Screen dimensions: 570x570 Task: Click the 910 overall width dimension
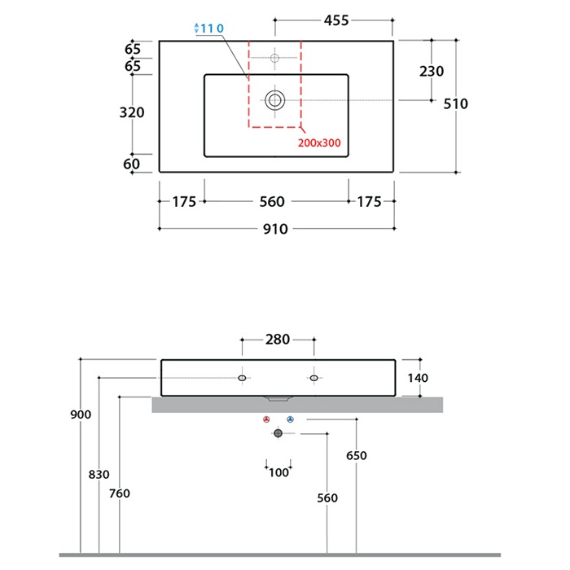pos(275,230)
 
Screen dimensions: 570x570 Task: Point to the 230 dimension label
pos(432,72)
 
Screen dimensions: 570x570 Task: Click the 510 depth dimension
pos(456,103)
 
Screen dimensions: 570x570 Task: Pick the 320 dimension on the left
pos(132,112)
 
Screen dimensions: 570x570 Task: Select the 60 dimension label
pos(132,164)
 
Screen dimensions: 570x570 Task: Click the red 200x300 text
pos(319,142)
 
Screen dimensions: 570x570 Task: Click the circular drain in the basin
pos(275,100)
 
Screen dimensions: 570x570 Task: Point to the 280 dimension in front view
pos(278,340)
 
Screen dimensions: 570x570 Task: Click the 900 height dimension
pos(81,414)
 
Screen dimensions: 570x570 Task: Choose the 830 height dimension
pos(99,474)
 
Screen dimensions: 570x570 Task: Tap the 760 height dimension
pos(119,493)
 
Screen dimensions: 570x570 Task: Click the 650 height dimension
pos(356,456)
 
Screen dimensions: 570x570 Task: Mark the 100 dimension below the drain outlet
pos(278,473)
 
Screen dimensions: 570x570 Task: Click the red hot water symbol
pos(266,420)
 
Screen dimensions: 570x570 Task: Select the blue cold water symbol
pos(290,420)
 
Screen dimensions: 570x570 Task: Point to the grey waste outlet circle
pos(278,434)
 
